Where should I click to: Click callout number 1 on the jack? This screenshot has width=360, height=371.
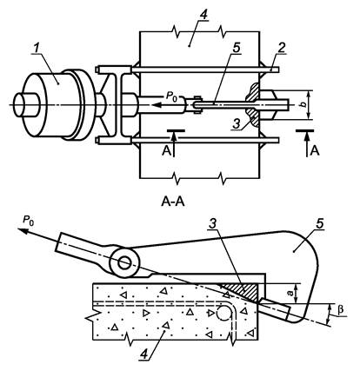[x=37, y=49]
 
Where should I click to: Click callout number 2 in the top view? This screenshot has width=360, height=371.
[x=281, y=49]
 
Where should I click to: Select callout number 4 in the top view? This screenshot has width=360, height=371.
[x=203, y=15]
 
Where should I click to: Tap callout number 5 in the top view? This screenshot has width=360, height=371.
[x=237, y=49]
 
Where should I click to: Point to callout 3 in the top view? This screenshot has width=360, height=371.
[x=237, y=124]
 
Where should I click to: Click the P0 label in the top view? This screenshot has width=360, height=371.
[x=171, y=96]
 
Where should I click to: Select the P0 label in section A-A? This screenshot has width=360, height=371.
[x=28, y=221]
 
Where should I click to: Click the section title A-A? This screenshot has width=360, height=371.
[x=173, y=202]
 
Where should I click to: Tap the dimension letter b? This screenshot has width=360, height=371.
[x=303, y=105]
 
